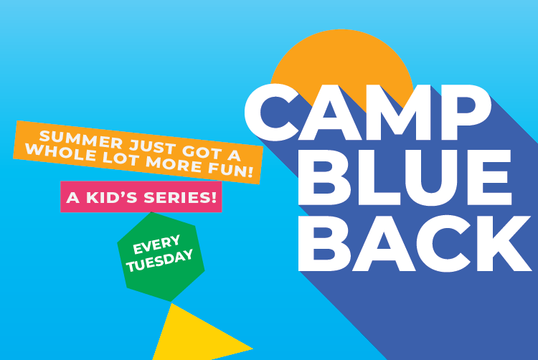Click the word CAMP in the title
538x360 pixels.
pos(367,113)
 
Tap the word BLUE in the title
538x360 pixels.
pos(405,177)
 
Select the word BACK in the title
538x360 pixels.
pos(415,243)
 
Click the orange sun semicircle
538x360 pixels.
pos(341,62)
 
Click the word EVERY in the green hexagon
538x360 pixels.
pos(156,245)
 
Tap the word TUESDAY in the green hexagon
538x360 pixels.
pos(160,261)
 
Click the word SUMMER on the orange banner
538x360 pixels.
pos(80,140)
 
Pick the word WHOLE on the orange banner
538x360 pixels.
pos(60,152)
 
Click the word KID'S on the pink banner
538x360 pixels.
pos(111,197)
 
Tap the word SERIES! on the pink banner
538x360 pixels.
pos(180,197)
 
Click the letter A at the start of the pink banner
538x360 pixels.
pos(72,197)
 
